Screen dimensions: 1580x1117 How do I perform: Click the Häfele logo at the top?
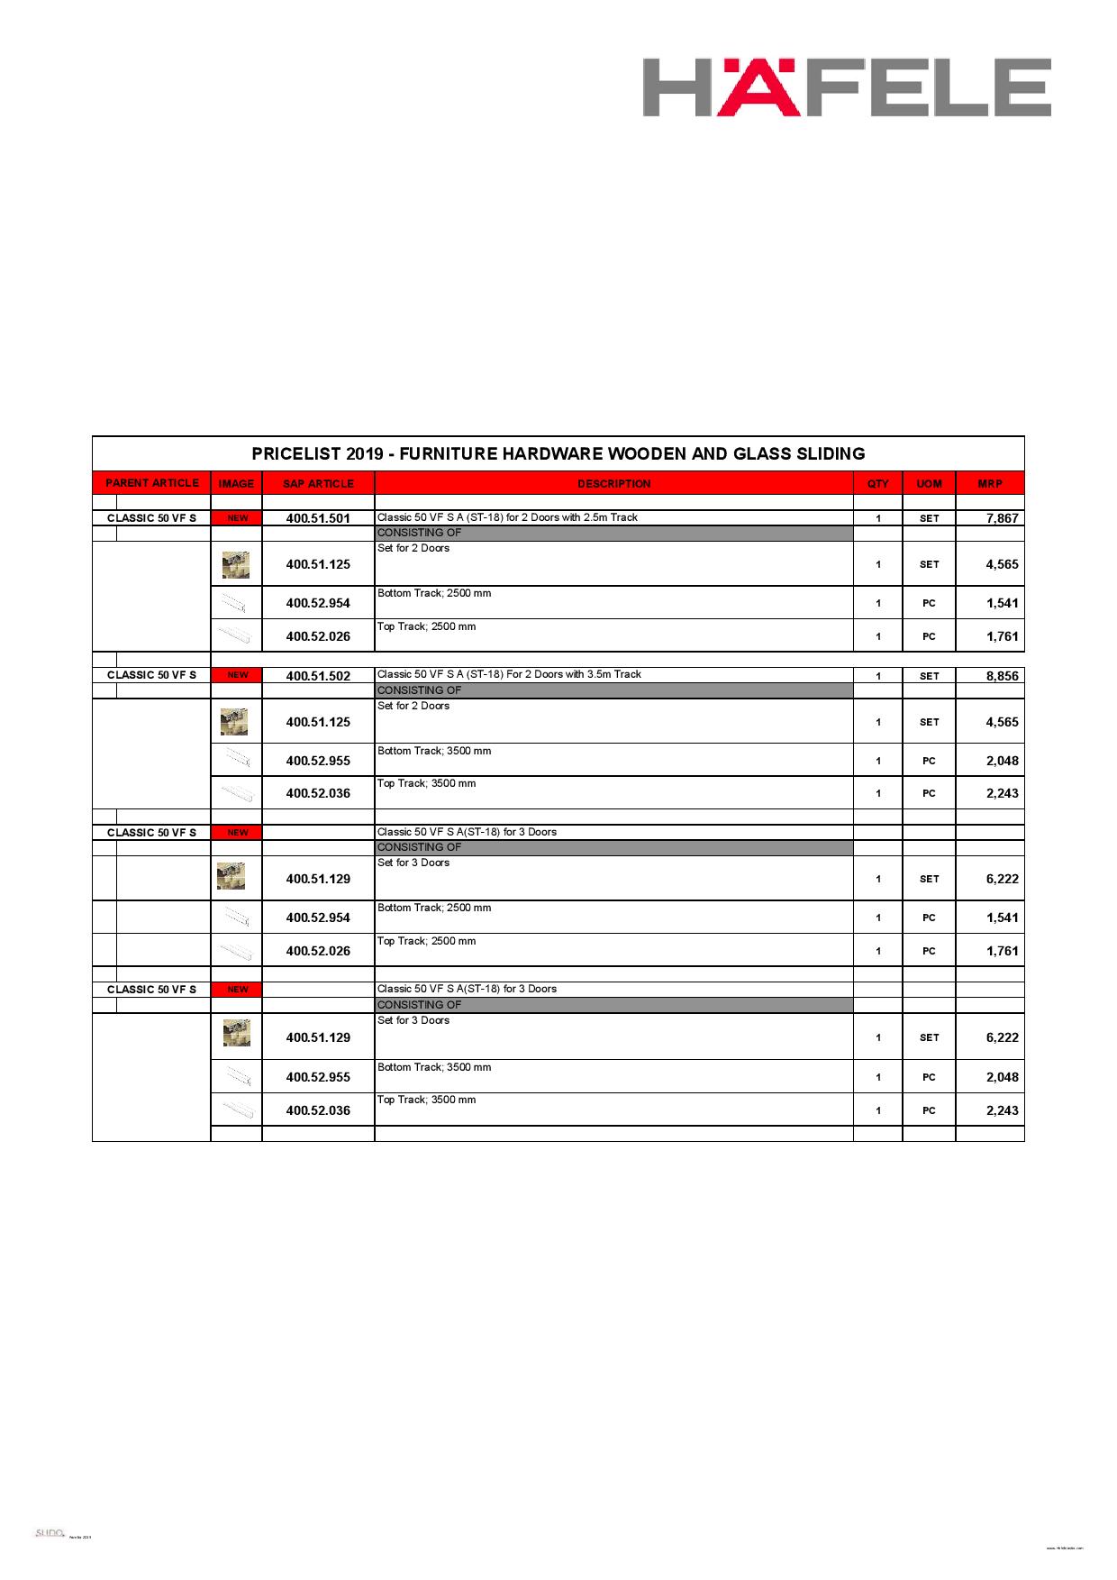click(847, 87)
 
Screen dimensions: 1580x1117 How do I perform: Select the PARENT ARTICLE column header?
click(151, 483)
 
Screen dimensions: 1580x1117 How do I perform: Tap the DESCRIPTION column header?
click(613, 484)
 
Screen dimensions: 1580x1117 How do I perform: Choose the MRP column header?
click(989, 484)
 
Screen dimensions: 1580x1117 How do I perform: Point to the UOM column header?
click(929, 484)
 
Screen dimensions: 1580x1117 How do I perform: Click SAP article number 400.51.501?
click(318, 518)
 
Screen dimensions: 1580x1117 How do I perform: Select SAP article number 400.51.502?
click(318, 676)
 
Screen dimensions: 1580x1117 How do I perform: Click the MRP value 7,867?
click(1002, 518)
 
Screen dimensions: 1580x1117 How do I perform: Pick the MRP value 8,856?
click(1002, 676)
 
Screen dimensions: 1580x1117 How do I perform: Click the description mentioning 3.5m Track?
click(509, 674)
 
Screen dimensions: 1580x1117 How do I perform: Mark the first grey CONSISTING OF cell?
click(613, 533)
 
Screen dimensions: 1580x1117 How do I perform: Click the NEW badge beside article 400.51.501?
click(237, 518)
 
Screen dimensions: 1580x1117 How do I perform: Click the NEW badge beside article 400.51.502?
click(237, 675)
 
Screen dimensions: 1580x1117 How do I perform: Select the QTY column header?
click(877, 484)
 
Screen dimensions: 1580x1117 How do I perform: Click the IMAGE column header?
click(236, 484)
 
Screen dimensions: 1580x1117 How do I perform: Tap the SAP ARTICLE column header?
click(318, 484)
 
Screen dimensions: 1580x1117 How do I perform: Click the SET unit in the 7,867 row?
click(929, 518)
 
